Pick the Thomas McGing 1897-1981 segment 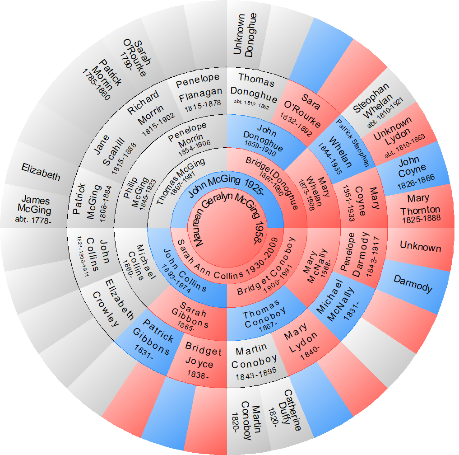180,180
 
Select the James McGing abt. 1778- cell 36,208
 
